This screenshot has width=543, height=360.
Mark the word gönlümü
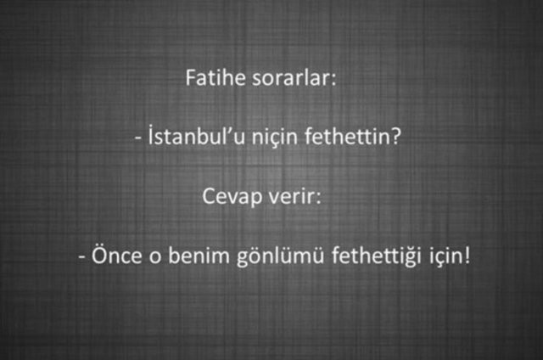(x=264, y=256)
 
